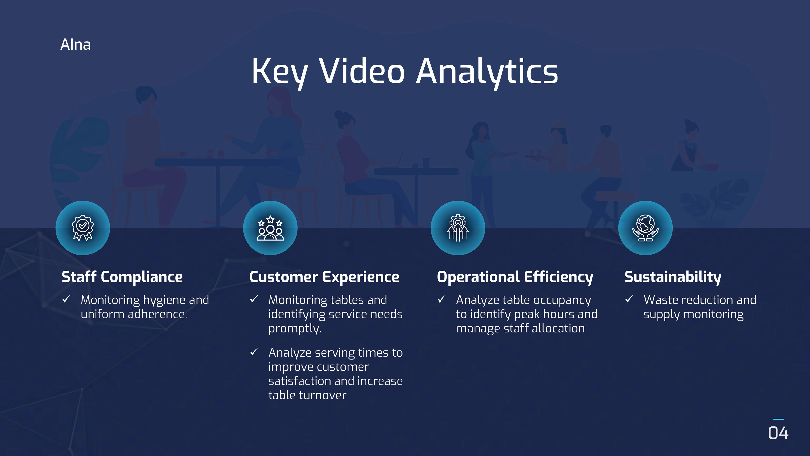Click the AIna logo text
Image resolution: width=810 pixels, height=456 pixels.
tap(76, 44)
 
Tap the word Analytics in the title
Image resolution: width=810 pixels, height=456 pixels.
tap(487, 72)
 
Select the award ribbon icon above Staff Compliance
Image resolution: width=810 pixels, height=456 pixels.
tap(83, 228)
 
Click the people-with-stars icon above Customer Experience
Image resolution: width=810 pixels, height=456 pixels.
tap(270, 228)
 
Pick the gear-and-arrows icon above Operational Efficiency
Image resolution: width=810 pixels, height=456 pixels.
tap(458, 228)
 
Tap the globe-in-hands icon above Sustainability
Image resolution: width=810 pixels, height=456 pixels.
tap(645, 228)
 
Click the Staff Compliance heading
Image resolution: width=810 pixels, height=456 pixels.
tap(122, 277)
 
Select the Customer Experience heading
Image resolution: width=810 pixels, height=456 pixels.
tap(324, 277)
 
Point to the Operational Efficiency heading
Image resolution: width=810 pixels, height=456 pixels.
tap(515, 277)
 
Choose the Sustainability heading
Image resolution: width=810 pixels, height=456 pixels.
tap(673, 277)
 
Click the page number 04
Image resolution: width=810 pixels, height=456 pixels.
tap(778, 433)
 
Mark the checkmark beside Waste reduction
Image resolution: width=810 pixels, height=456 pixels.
tap(629, 299)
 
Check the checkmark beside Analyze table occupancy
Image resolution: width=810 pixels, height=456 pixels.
tap(441, 299)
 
